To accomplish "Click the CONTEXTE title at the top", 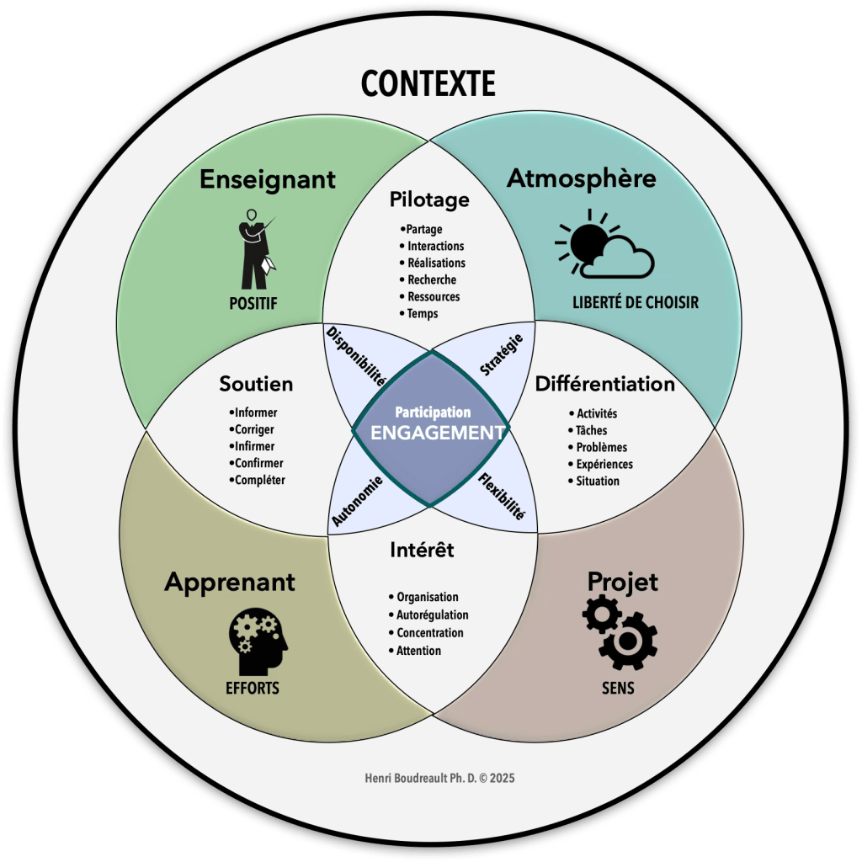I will [428, 83].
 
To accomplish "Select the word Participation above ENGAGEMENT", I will [433, 412].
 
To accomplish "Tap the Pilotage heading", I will [429, 200].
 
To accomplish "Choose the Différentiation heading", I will [604, 384].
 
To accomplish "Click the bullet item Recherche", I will [432, 279].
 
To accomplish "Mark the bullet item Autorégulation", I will [432, 615].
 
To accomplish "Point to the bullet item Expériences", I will [604, 464].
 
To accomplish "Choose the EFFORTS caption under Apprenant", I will [253, 688].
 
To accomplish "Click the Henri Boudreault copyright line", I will [430, 778].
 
